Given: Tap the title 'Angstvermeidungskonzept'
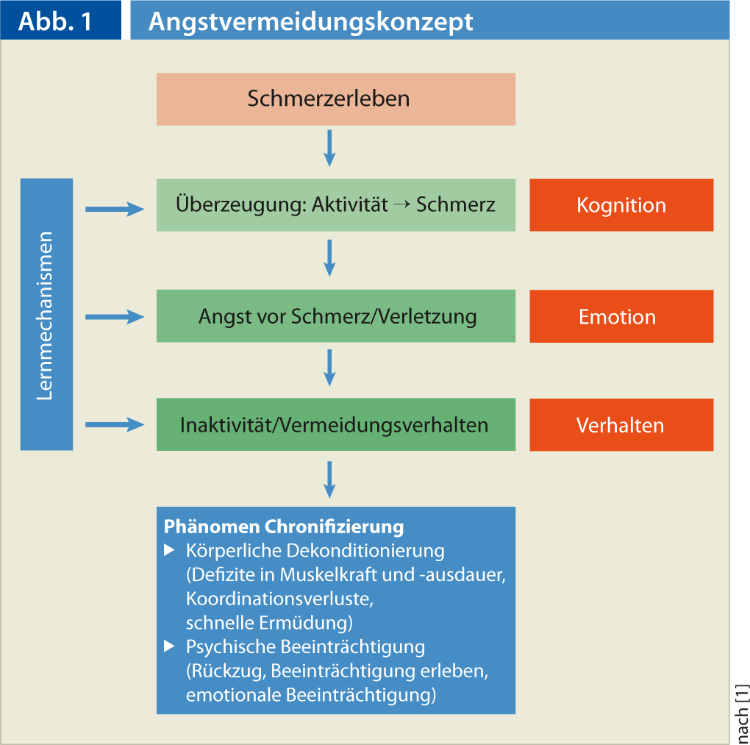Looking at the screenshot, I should pos(310,21).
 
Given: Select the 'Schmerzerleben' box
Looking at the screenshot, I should pos(335,99).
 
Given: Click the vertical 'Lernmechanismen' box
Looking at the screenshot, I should pos(46,314).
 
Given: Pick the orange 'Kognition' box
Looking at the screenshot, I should pos(621,205).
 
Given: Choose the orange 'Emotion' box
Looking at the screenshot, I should pos(621,316).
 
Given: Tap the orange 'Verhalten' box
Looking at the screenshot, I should pos(621,425).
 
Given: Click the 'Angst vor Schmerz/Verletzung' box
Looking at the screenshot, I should pos(335,316).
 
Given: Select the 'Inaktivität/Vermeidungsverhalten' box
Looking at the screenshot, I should pos(335,425).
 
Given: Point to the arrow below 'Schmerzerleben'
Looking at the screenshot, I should pos(329,148).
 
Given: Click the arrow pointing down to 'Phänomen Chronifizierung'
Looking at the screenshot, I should pos(329,480).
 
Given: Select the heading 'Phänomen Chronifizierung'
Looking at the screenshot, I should pos(284,527).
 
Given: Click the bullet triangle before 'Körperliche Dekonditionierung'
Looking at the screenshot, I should pos(169,549).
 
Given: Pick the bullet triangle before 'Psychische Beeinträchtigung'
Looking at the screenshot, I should pos(169,646).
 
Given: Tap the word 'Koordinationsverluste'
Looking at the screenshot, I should pos(279,598).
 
